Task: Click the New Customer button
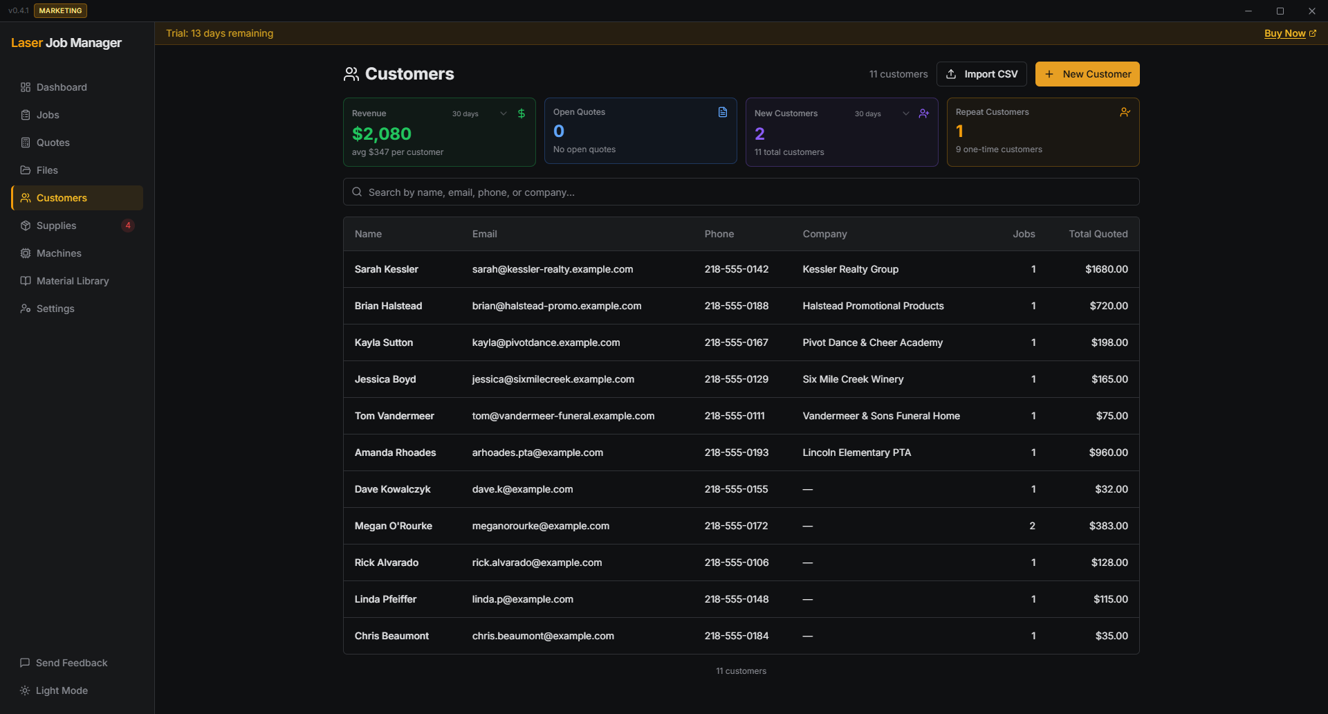[x=1087, y=74]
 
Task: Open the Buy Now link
[x=1284, y=33]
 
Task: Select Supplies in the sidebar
[x=57, y=226]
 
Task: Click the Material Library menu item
[x=73, y=281]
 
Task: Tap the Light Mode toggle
[x=61, y=690]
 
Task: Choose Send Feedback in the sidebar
[x=71, y=663]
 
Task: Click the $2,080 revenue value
[x=382, y=134]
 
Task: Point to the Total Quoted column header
[x=1098, y=234]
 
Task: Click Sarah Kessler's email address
[x=552, y=269]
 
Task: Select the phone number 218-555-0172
[x=736, y=526]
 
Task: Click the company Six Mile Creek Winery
[x=853, y=379]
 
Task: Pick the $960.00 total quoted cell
[x=1108, y=452]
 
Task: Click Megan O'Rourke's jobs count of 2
[x=1032, y=526]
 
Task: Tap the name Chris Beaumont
[x=391, y=636]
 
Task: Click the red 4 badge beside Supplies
[x=128, y=226]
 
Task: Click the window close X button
[x=1311, y=11]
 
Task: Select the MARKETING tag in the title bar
[x=60, y=11]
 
